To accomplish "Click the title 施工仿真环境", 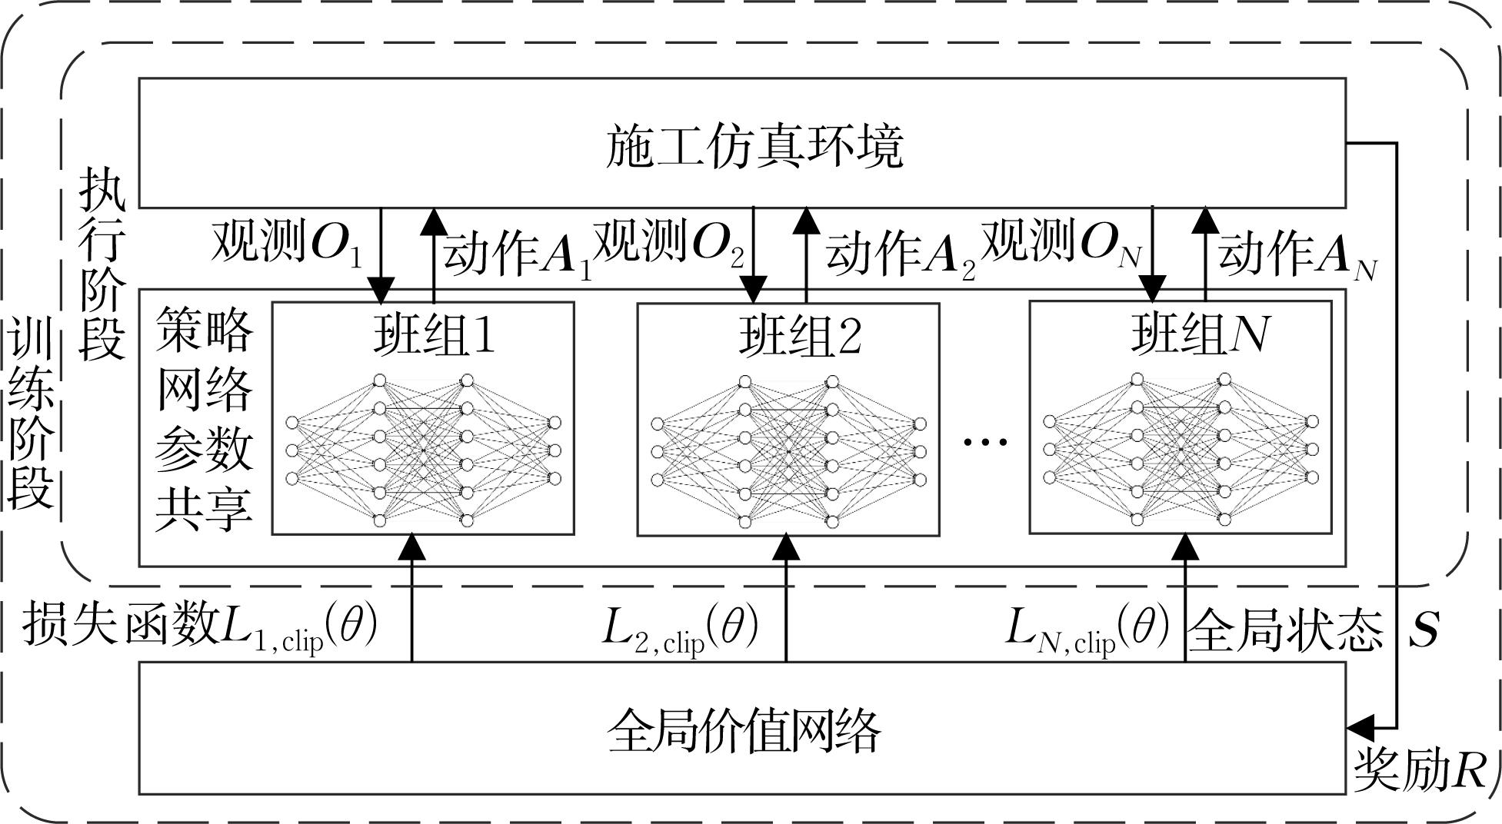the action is (754, 146).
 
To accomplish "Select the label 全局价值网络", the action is (744, 729).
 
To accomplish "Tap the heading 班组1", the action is (434, 334).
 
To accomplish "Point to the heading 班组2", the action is (800, 335).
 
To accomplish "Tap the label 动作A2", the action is (901, 254).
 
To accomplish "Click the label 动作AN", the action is (1297, 254).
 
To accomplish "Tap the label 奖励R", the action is (1420, 769).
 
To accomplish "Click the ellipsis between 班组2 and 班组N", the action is (985, 441).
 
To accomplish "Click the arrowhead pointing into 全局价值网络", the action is (1360, 725).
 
